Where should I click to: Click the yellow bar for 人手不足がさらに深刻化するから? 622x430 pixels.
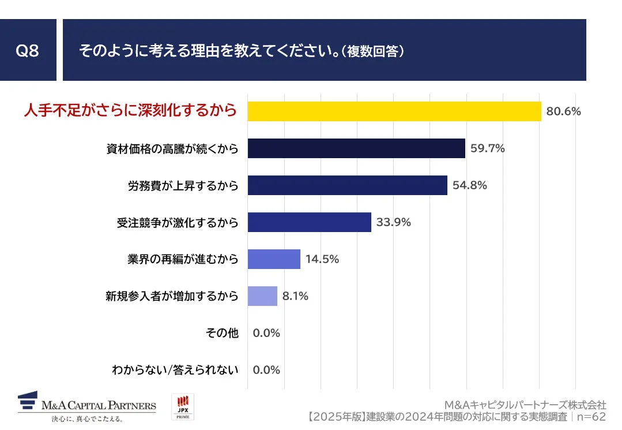point(394,111)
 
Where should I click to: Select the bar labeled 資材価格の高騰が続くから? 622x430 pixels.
point(356,148)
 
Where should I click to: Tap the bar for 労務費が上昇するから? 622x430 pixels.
point(348,185)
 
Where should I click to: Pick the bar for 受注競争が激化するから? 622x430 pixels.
point(310,222)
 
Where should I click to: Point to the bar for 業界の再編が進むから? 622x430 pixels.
point(274,259)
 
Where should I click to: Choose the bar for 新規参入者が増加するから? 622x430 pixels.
point(263,296)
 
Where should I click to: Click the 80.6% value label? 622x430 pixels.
point(563,111)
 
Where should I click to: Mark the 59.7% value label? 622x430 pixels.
point(487,148)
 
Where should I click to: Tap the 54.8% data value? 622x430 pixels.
point(469,185)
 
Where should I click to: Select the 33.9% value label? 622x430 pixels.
point(393,222)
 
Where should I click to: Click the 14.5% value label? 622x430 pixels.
point(322,259)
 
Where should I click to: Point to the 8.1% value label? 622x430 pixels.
point(295,296)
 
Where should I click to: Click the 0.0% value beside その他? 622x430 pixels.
point(266,333)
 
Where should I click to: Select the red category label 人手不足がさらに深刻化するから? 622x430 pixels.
point(130,110)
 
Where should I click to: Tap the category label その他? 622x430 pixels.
point(222,333)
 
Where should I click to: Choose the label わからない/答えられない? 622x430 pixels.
point(175,370)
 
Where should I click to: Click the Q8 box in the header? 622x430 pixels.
point(28,50)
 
